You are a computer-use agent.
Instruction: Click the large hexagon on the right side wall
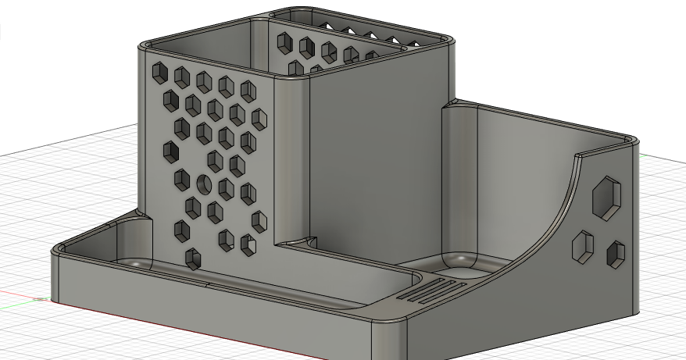click(x=606, y=196)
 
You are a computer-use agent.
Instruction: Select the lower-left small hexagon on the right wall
click(x=583, y=246)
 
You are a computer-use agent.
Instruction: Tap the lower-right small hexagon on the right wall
click(x=616, y=254)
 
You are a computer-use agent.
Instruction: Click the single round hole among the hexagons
click(x=204, y=184)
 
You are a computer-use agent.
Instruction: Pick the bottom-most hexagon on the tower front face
click(x=192, y=258)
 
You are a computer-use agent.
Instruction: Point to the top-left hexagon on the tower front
click(x=160, y=73)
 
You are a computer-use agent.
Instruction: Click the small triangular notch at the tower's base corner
click(x=309, y=242)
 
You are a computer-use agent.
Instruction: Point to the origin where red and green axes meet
click(x=39, y=298)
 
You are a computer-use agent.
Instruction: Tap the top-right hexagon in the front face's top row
click(x=248, y=89)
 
